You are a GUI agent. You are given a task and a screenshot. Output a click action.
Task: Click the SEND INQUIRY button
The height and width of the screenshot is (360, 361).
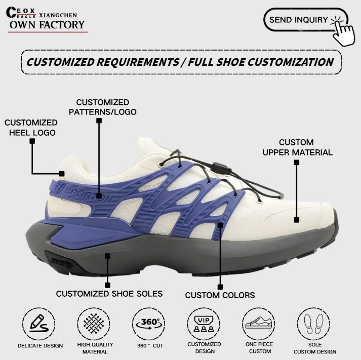(x=299, y=20)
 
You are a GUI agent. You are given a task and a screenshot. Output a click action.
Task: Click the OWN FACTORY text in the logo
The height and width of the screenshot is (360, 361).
(x=47, y=25)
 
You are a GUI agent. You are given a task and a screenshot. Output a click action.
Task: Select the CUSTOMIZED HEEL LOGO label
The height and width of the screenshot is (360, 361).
(x=31, y=128)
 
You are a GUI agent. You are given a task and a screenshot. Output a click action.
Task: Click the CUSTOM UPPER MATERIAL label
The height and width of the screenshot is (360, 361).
(x=297, y=147)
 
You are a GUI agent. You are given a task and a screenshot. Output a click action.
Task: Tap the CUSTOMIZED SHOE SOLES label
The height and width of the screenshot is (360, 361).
(x=109, y=294)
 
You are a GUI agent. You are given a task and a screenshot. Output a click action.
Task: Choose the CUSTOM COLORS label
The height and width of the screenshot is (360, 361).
(x=220, y=295)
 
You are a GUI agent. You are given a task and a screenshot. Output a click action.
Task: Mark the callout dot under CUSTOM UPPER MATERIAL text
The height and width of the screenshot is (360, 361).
(x=297, y=163)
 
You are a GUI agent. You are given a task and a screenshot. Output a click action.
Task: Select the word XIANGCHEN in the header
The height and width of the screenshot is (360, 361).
(x=58, y=15)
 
